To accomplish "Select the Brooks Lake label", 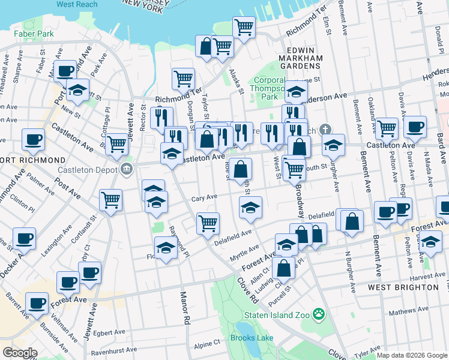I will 251,338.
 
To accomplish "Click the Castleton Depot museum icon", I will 126,168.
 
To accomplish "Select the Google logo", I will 20,353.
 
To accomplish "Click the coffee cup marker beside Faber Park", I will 65,70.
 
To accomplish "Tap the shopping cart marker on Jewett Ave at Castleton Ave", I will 117,143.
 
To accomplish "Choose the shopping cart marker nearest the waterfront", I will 244,27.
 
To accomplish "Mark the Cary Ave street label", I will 203,197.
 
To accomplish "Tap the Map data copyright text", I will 411,355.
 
